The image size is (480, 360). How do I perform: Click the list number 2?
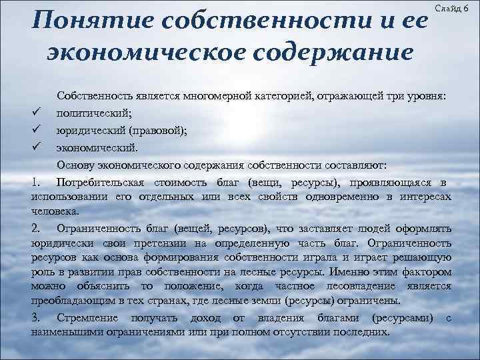(x=36, y=227)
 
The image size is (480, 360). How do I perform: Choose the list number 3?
(x=36, y=317)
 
